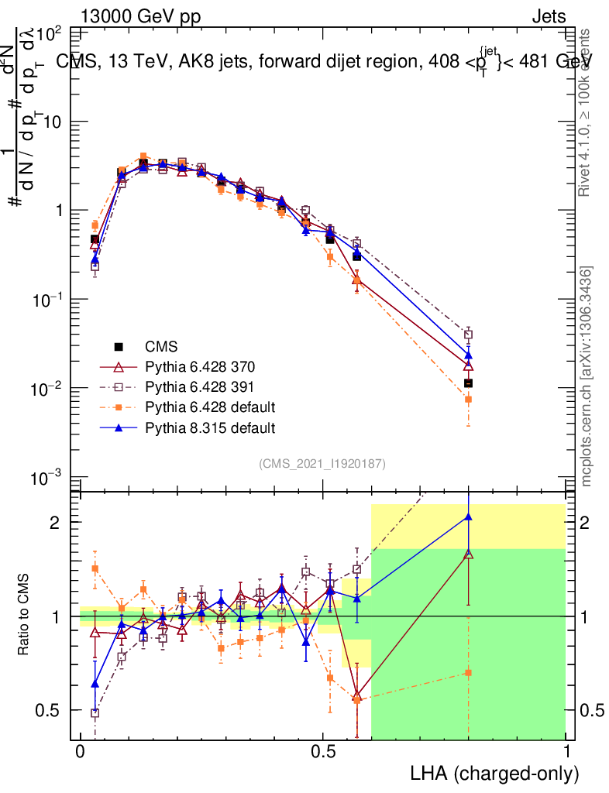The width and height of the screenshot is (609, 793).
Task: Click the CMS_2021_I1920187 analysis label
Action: (322, 463)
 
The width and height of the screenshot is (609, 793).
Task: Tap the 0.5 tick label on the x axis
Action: (323, 753)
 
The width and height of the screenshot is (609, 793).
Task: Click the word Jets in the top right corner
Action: (549, 17)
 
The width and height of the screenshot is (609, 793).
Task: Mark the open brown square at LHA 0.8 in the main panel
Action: (468, 335)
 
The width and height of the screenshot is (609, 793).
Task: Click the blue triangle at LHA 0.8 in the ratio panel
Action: (468, 517)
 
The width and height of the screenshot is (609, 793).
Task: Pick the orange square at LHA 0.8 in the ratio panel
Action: (468, 672)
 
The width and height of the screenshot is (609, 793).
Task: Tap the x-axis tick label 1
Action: (567, 753)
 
